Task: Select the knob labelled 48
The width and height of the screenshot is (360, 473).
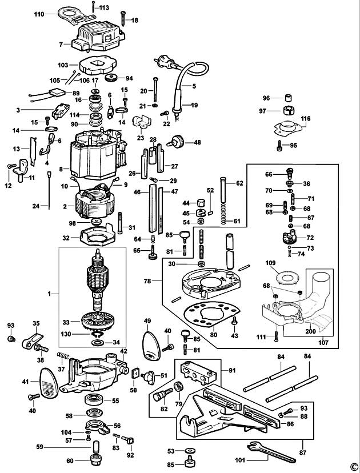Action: coord(177,141)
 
